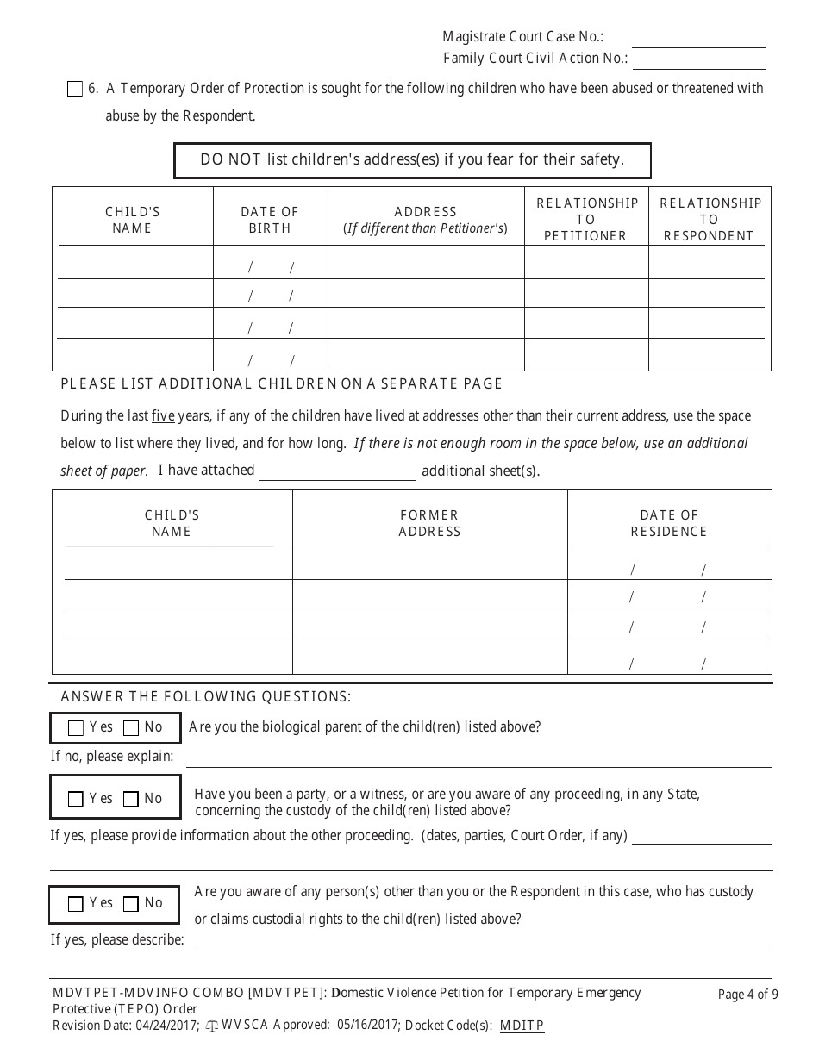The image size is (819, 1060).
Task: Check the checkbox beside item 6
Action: point(75,89)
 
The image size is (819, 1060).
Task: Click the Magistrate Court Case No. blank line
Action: point(698,40)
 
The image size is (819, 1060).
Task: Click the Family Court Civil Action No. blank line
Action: point(698,60)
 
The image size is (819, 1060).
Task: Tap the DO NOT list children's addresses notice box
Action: point(412,160)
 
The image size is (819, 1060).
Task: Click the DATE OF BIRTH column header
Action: point(270,220)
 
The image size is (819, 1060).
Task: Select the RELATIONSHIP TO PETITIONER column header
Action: point(586,219)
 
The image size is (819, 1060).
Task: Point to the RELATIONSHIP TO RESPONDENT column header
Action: point(710,219)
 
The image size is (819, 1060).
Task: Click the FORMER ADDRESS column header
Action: point(429,523)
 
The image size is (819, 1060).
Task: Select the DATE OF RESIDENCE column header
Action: point(669,523)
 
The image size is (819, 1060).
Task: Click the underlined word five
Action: point(163,416)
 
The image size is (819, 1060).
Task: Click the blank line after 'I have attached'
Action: point(337,472)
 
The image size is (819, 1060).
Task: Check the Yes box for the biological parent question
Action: point(76,728)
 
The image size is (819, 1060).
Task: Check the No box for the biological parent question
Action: point(131,728)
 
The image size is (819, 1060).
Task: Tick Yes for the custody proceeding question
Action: point(76,800)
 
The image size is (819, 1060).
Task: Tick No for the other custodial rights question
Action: point(131,904)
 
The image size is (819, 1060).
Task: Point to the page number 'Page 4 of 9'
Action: point(747,995)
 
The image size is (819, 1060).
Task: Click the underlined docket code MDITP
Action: point(522,1026)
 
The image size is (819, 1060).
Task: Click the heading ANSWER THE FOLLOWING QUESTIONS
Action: point(205,696)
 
